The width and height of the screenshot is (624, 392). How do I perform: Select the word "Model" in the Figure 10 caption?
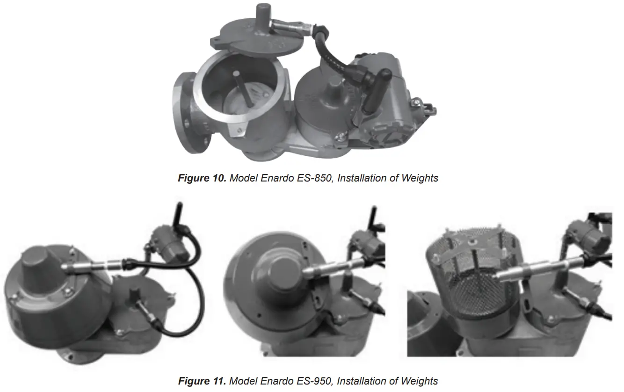(x=244, y=178)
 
